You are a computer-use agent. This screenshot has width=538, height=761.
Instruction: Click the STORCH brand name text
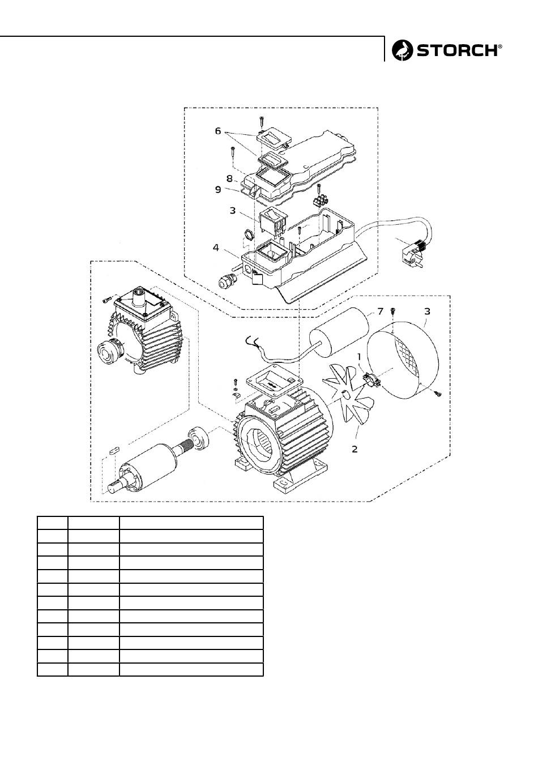click(458, 50)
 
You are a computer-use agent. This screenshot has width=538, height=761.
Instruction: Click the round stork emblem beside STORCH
click(403, 50)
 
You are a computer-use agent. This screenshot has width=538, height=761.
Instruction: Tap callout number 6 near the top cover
click(218, 131)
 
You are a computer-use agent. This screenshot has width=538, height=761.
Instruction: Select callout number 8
click(230, 178)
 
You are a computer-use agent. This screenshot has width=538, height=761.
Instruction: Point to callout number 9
click(218, 190)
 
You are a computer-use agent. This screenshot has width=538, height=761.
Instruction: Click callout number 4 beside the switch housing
click(216, 247)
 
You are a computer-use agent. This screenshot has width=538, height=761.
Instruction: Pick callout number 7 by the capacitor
click(381, 311)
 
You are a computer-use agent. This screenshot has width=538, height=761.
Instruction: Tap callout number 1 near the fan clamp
click(359, 357)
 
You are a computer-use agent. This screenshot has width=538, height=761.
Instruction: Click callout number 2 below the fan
click(355, 449)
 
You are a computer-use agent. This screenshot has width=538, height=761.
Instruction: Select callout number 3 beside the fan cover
click(427, 311)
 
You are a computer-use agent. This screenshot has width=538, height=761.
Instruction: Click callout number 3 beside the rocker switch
click(232, 210)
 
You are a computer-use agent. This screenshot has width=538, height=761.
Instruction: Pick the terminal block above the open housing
click(319, 200)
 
